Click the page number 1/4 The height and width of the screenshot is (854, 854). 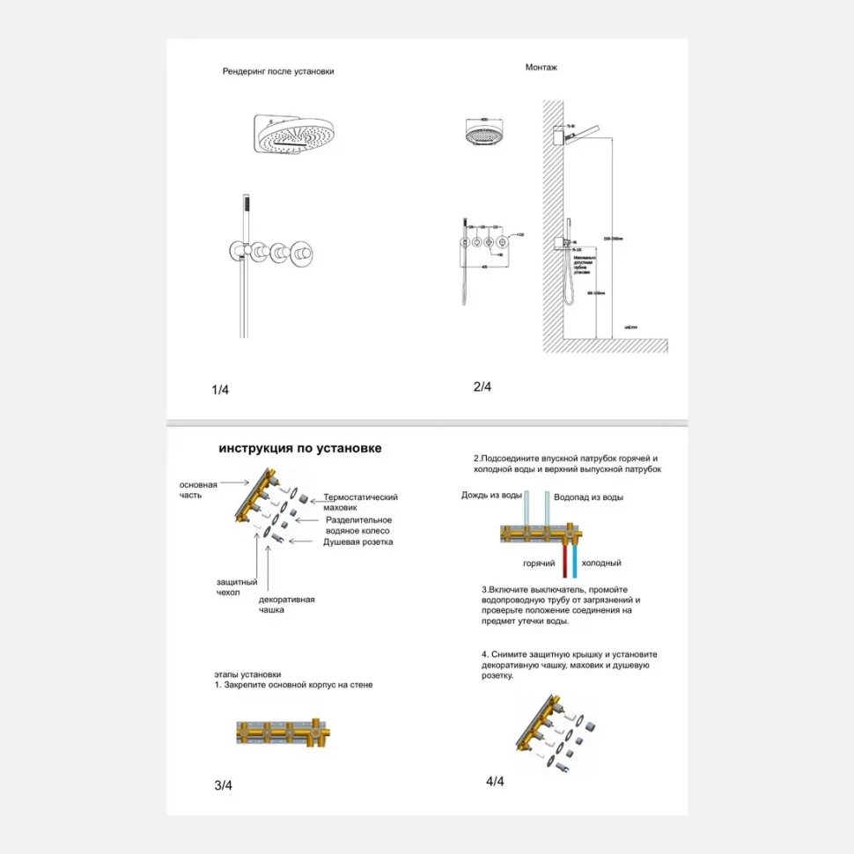tap(220, 390)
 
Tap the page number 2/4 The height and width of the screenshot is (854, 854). tap(482, 387)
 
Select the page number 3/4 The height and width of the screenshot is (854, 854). tap(223, 785)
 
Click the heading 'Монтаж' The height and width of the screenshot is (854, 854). tap(541, 67)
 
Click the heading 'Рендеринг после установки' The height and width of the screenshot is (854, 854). tap(278, 71)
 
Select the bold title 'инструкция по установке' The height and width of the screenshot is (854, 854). tap(300, 448)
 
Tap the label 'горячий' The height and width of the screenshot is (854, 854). tap(538, 563)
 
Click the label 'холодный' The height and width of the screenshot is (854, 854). tap(601, 563)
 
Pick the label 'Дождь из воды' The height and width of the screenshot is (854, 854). tap(491, 495)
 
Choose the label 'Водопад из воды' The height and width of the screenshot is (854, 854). tap(588, 497)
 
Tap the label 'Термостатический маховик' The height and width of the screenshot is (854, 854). tap(360, 503)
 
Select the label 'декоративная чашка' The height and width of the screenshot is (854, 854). tap(286, 605)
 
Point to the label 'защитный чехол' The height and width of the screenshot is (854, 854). tap(236, 587)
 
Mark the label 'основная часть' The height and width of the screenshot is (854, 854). tap(198, 490)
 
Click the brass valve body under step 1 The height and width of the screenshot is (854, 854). tap(281, 733)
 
